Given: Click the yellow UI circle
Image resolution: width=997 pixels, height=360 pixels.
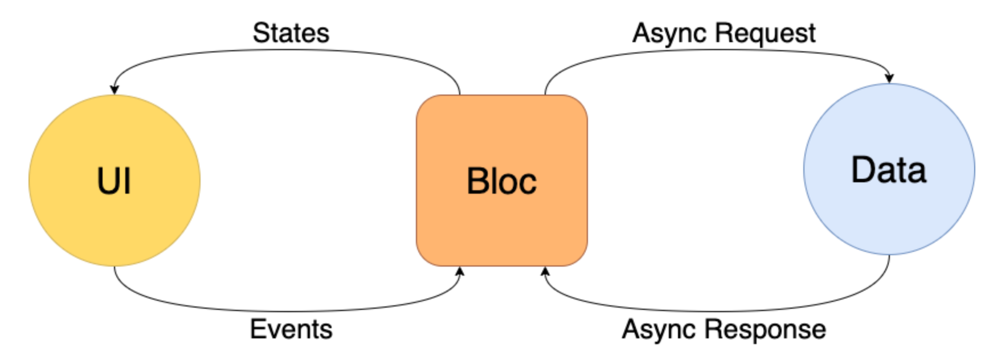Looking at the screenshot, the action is point(115,181).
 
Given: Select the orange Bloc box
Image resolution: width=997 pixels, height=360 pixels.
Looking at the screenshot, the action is point(502,181).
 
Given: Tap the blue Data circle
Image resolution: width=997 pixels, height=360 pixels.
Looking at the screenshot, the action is point(889,169).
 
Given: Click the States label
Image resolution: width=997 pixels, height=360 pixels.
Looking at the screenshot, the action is point(291,33).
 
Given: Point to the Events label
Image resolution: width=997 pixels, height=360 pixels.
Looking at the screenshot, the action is point(291,329).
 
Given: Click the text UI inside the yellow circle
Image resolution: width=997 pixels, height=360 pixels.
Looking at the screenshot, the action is point(115,182).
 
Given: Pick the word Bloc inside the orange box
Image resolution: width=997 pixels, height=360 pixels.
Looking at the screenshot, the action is point(502,182).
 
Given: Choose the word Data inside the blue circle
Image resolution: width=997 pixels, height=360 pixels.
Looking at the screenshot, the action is point(889,170).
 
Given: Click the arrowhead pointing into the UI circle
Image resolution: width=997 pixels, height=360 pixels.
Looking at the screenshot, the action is point(115,90).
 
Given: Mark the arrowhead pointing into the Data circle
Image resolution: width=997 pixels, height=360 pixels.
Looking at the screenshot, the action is point(889,79).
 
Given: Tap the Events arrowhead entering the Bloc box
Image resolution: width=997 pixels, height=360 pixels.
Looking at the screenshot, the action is point(460,271).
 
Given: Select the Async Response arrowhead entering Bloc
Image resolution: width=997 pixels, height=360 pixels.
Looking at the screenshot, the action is point(545,271).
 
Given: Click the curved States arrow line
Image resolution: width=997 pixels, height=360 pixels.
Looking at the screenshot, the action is point(287,50).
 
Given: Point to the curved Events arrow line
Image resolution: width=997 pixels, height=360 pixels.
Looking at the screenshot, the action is point(287,311).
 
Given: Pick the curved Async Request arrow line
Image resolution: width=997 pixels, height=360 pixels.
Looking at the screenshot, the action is point(717,50).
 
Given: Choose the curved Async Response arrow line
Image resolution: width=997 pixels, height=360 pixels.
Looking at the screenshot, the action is point(717,311).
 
